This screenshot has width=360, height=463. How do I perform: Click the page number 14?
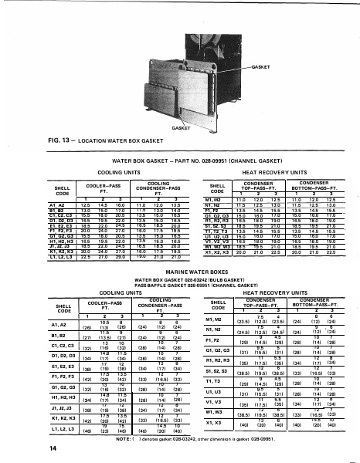pos(30,448)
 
